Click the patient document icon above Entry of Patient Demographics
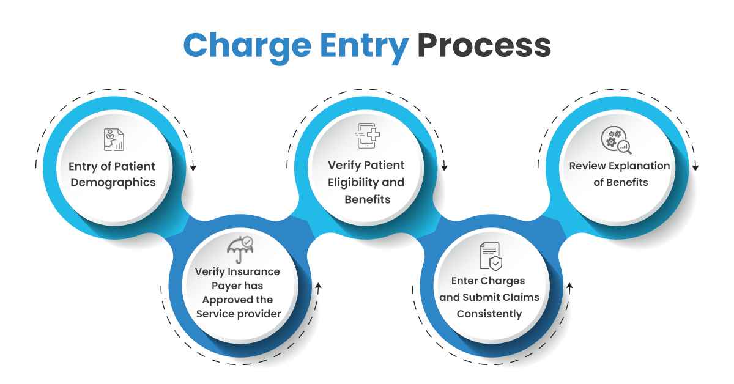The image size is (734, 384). [113, 140]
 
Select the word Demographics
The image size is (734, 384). [112, 182]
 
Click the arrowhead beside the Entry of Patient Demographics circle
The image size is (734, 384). [193, 167]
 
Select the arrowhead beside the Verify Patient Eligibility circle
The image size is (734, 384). [445, 167]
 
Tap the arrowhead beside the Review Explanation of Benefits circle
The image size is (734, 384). [695, 167]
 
